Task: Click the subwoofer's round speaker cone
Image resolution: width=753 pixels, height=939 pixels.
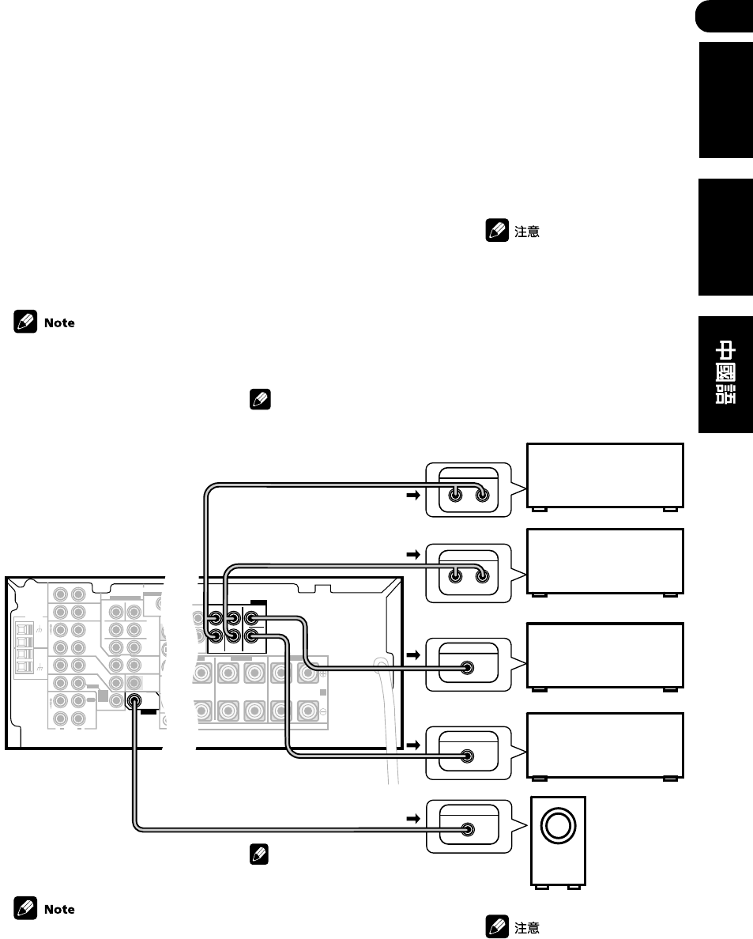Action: [x=559, y=826]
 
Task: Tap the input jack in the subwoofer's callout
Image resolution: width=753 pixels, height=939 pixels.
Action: [x=469, y=829]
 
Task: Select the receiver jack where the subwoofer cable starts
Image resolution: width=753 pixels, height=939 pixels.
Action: [x=134, y=700]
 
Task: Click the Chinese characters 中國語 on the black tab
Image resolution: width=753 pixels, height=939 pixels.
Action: [x=725, y=373]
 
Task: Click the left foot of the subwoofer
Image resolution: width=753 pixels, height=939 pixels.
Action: [x=541, y=887]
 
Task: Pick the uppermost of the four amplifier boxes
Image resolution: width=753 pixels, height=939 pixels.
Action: [x=604, y=475]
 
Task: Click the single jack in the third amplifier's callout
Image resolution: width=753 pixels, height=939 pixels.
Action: [x=469, y=667]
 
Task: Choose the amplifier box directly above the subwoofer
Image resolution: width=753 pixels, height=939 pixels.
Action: [x=604, y=745]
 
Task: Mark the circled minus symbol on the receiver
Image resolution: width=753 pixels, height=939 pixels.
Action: [x=323, y=711]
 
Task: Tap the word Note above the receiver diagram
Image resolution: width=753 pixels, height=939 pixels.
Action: [x=59, y=322]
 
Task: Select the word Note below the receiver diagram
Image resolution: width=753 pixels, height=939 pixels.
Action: [x=59, y=909]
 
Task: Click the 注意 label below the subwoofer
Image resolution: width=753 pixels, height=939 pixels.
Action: [x=527, y=928]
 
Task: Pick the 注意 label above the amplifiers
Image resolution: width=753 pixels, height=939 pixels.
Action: [x=527, y=233]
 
